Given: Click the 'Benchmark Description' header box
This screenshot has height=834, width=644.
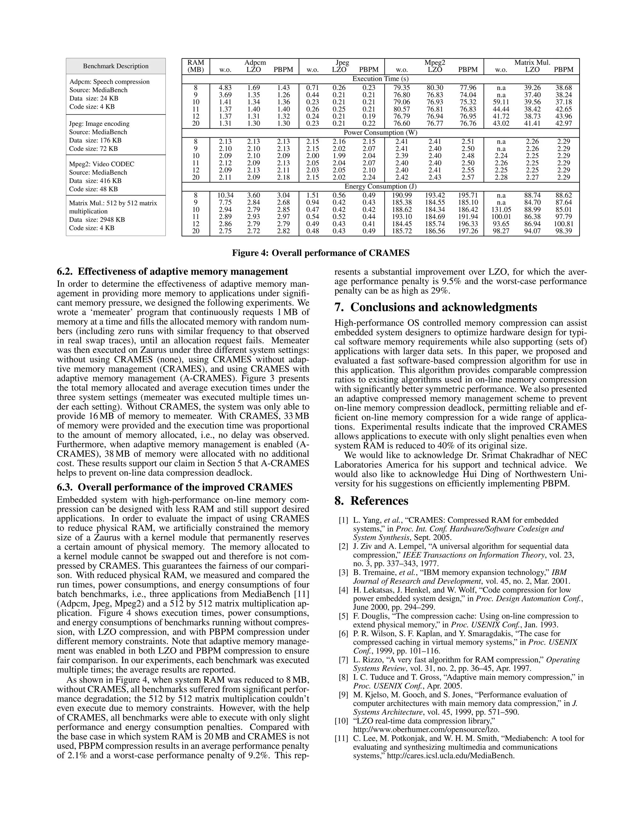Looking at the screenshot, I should pos(116,66).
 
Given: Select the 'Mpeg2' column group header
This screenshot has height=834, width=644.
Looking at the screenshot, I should pos(435,63).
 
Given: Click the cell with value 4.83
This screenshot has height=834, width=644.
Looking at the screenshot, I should pos(225,88).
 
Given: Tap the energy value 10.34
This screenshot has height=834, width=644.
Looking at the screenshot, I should pos(225,195).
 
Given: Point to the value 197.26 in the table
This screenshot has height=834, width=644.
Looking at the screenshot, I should pos(468,231).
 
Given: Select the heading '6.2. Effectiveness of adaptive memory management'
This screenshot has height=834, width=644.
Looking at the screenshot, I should pos(172,272).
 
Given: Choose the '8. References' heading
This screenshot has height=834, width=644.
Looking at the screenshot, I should pos(371,501).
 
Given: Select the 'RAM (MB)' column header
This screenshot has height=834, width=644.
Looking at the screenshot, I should pos(196,66).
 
